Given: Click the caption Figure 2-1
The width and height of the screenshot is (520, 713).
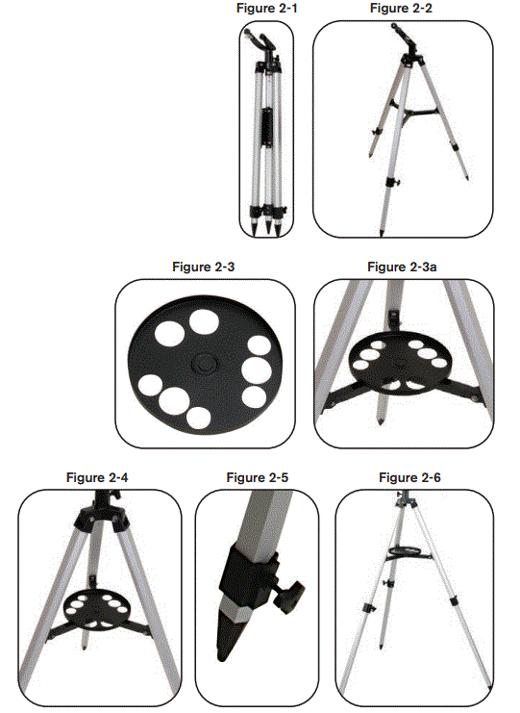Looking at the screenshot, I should [264, 9].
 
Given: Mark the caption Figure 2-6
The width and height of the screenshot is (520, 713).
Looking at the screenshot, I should [410, 477].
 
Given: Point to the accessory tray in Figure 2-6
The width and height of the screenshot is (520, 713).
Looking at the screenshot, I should [409, 552].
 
